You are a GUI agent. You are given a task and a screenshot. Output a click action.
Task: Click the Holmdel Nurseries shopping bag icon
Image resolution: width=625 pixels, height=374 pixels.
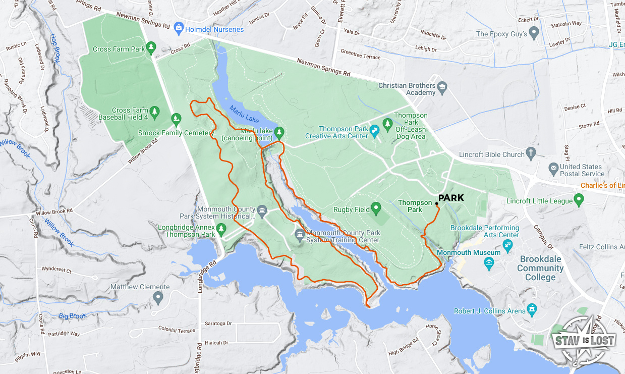pos(178,29)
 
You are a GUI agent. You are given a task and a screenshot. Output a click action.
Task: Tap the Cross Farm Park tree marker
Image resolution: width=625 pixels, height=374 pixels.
pos(151,48)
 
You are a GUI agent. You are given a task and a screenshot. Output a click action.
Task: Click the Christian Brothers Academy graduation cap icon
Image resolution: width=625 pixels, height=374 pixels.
pos(442,88)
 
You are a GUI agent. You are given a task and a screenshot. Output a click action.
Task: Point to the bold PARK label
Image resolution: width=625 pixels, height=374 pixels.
pos(451,198)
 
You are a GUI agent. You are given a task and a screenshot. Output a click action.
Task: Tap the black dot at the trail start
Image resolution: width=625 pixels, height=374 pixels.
pos(436,203)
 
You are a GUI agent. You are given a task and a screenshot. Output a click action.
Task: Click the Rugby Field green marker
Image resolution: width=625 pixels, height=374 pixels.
pos(375,208)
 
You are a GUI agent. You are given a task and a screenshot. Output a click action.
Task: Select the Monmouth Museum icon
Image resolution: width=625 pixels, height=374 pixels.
pos(488,262)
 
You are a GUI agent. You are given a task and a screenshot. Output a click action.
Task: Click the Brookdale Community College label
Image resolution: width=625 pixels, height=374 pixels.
pos(540,268)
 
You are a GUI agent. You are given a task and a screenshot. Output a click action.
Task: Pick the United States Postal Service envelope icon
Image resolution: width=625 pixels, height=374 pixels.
pos(553,167)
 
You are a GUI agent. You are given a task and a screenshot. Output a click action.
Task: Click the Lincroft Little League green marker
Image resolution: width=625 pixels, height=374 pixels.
pos(579,201)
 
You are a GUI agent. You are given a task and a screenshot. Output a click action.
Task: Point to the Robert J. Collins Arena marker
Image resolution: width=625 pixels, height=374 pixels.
pos(531,308)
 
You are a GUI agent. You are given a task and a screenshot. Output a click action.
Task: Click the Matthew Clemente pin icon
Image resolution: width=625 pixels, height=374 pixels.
pos(158,297)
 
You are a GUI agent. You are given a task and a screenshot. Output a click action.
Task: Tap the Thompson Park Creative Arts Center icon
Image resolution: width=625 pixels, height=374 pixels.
pos(374,132)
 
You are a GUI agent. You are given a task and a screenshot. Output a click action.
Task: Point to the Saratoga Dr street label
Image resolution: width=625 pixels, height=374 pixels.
pos(218,324)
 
